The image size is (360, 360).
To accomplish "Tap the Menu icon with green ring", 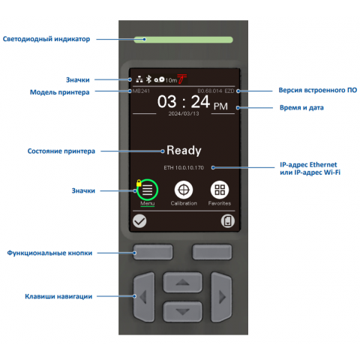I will tap(148, 190).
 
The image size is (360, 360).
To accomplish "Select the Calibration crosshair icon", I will tap(184, 190).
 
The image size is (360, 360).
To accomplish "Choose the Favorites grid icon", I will tap(220, 190).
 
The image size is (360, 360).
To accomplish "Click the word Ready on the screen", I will tap(184, 150).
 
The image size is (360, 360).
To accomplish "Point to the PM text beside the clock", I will tap(220, 106).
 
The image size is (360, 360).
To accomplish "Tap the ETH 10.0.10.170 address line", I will tap(184, 167).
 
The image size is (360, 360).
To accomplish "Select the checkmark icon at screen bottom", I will tap(139, 221).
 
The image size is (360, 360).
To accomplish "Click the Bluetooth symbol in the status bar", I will tap(148, 79).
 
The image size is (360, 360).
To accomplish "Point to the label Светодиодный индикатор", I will tap(46, 39).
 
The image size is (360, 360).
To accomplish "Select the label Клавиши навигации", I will tap(59, 296).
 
